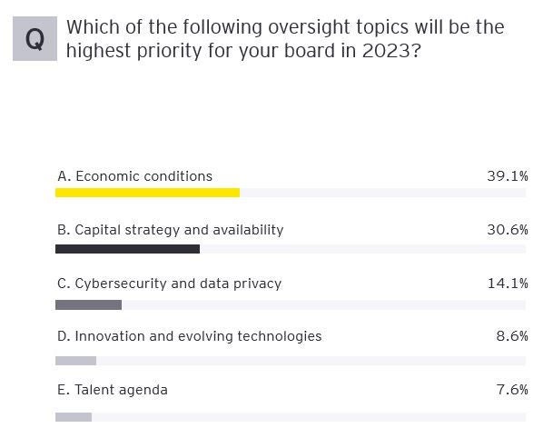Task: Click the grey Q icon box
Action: tap(35, 39)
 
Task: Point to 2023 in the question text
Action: tap(390, 51)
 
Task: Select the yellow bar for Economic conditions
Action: tap(147, 193)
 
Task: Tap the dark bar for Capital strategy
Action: tap(127, 248)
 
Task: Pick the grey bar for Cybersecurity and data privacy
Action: tap(88, 304)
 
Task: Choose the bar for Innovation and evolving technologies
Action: tap(75, 361)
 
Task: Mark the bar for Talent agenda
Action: tap(74, 417)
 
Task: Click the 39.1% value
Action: tap(507, 176)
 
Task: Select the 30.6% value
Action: tap(507, 230)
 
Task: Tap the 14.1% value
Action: tap(507, 284)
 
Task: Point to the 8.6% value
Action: tap(511, 336)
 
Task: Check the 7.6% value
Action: tap(511, 390)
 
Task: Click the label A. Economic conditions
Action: tap(134, 176)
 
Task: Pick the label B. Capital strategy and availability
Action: tap(170, 230)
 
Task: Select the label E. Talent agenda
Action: tap(112, 390)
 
